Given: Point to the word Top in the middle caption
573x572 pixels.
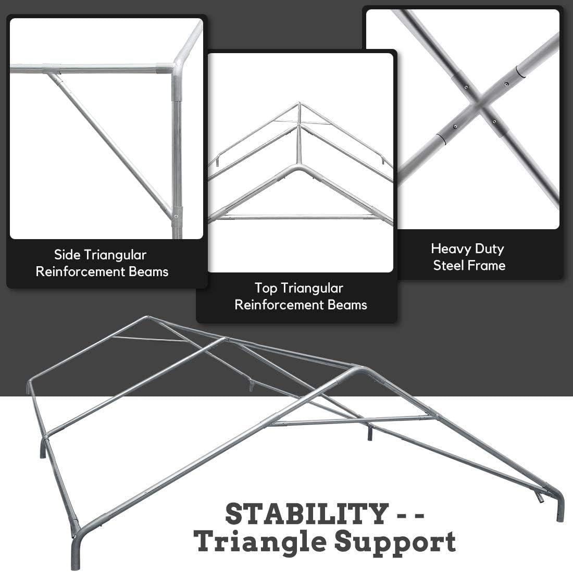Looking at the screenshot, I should click(266, 288).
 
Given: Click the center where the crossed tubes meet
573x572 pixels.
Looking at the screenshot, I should click(476, 109).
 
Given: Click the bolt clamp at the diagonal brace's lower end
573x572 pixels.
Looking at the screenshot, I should click(177, 213).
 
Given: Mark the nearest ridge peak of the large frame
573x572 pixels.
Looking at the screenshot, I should click(359, 369).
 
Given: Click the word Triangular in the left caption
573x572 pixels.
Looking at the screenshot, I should click(115, 255).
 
